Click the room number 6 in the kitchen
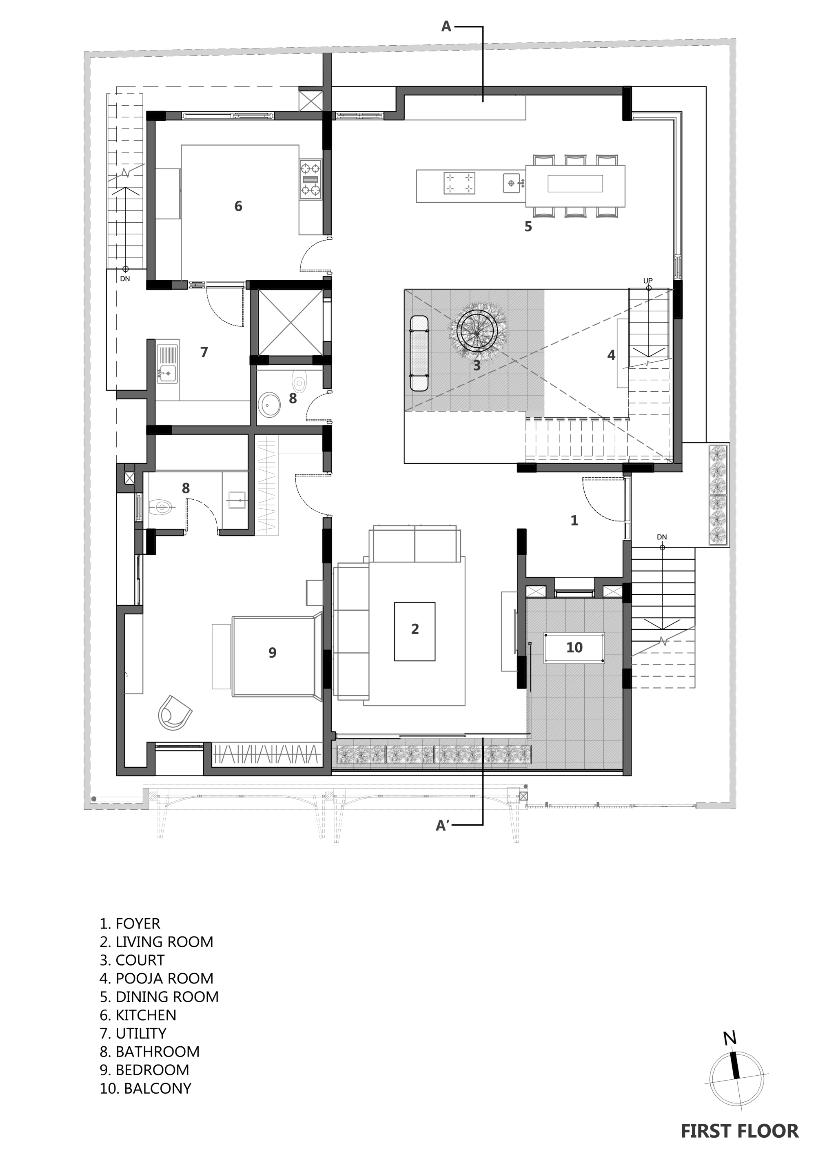pyautogui.click(x=238, y=206)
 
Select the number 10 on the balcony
pyautogui.click(x=574, y=647)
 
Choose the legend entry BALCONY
pyautogui.click(x=145, y=1088)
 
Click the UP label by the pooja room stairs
pyautogui.click(x=647, y=281)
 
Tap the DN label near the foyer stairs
pyautogui.click(x=662, y=537)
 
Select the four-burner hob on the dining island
pyautogui.click(x=459, y=183)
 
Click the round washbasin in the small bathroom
pyautogui.click(x=271, y=405)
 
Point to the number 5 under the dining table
pyautogui.click(x=528, y=227)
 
